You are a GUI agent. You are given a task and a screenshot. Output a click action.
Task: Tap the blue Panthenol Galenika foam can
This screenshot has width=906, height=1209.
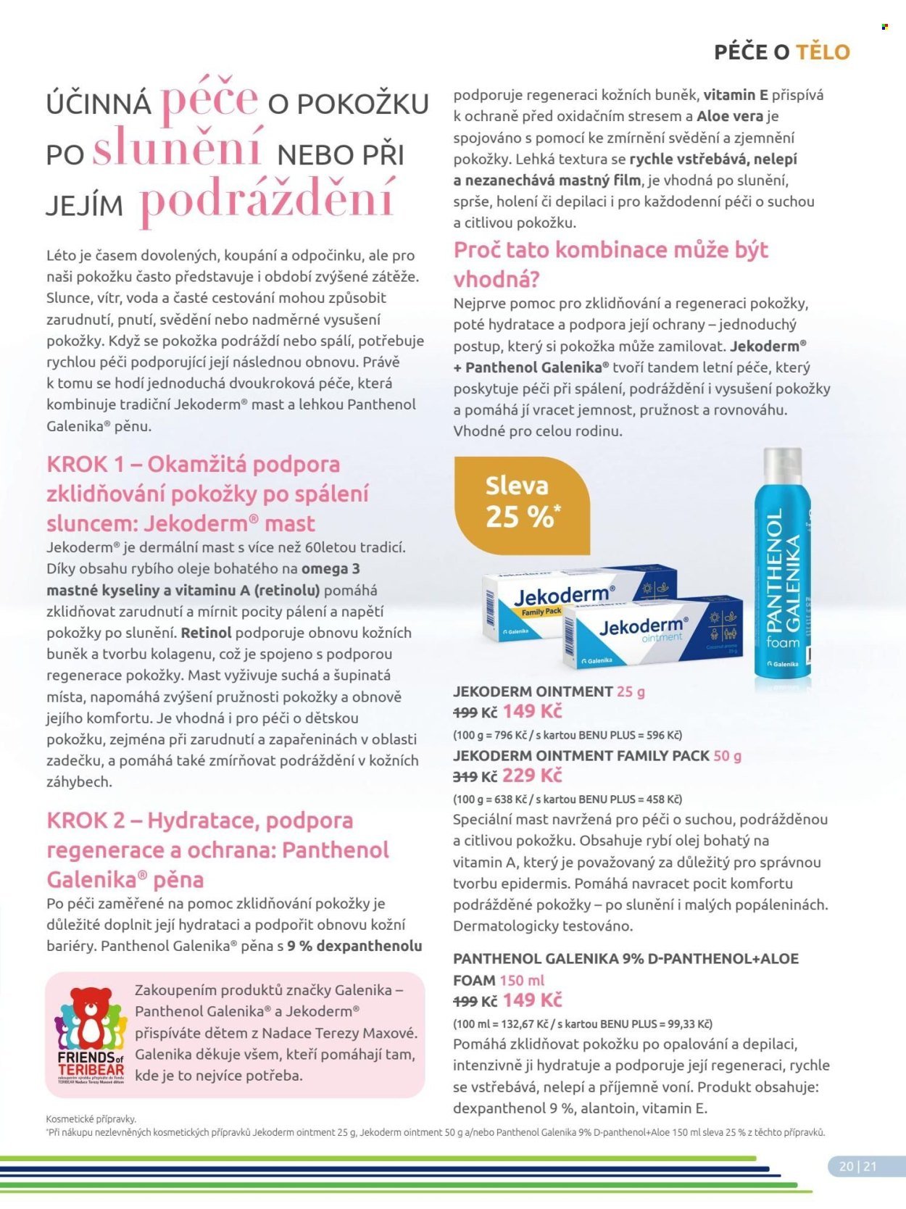[x=783, y=580]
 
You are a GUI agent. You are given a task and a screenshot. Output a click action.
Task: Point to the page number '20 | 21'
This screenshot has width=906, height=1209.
[x=857, y=1166]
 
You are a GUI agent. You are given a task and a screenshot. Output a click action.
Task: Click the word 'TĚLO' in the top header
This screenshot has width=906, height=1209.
[x=823, y=52]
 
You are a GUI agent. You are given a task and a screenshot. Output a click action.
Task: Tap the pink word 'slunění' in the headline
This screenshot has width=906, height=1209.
[x=178, y=148]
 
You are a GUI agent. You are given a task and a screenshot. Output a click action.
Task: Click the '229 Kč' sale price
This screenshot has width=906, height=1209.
[x=532, y=776]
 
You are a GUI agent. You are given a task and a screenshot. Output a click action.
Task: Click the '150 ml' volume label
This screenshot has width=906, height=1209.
[x=522, y=980]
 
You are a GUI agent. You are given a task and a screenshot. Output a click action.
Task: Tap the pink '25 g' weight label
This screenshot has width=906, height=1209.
[x=631, y=691]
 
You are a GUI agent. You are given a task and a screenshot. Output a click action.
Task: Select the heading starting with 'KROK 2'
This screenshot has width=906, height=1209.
[x=217, y=849]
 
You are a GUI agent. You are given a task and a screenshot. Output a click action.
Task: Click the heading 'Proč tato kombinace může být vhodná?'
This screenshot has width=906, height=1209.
[x=610, y=264]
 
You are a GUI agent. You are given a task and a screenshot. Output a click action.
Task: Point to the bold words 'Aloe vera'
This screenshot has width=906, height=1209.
[x=729, y=116]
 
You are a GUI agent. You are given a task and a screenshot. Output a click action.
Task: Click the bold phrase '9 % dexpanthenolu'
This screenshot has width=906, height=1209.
[x=354, y=946]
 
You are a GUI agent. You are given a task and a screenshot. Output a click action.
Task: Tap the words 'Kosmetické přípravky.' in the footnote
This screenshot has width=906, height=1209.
[x=91, y=1119]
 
